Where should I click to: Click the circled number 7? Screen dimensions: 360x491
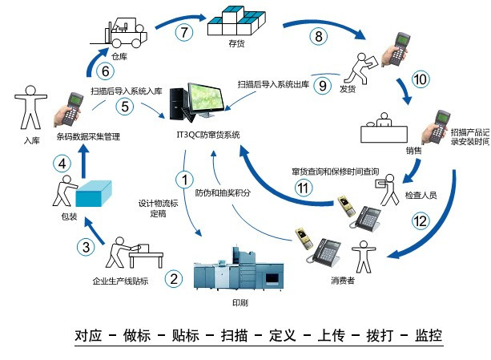coord(185,33)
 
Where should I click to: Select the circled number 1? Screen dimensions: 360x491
coord(185,180)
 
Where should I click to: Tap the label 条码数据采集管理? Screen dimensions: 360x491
coord(88,137)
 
